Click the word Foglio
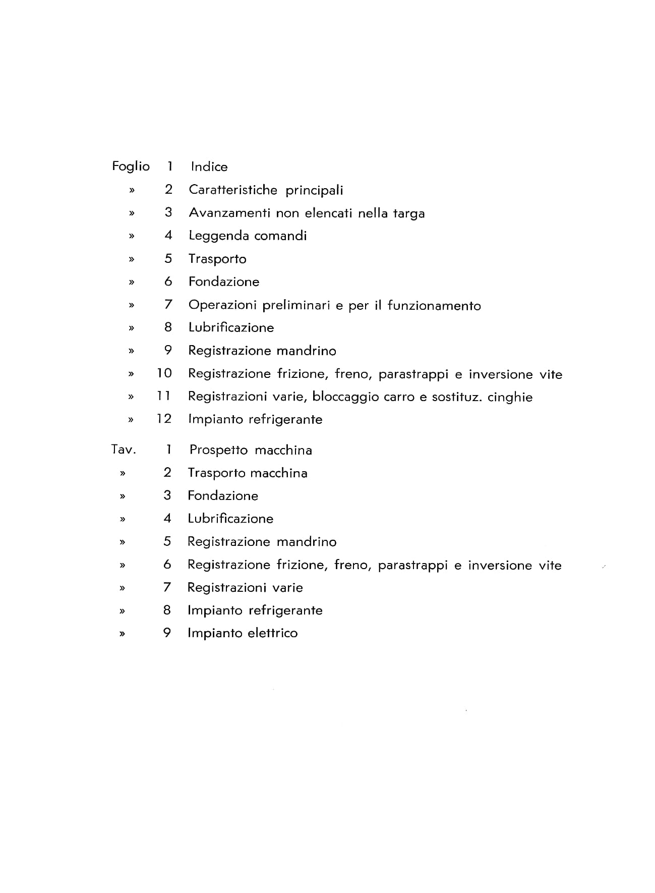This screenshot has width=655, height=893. tap(131, 167)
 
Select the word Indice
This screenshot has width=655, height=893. tap(209, 167)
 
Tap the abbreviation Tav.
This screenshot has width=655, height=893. tap(124, 450)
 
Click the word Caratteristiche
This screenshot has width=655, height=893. tap(233, 190)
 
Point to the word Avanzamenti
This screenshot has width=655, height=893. tap(229, 213)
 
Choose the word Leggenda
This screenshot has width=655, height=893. tap(219, 236)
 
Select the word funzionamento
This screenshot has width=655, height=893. tap(434, 305)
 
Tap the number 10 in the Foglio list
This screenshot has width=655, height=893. tap(164, 373)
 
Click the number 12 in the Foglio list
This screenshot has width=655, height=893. tap(164, 419)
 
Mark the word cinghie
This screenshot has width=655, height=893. tap(510, 397)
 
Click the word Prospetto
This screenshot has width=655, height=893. tap(219, 450)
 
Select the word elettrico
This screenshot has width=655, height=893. tap(273, 633)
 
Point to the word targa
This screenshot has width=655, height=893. tap(409, 214)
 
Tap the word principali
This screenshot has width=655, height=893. tap(314, 191)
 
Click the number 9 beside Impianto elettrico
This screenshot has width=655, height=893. tap(167, 633)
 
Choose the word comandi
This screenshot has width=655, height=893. tap(280, 236)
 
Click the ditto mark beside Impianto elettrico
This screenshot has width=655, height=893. tap(122, 634)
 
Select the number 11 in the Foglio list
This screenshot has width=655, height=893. tap(164, 396)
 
